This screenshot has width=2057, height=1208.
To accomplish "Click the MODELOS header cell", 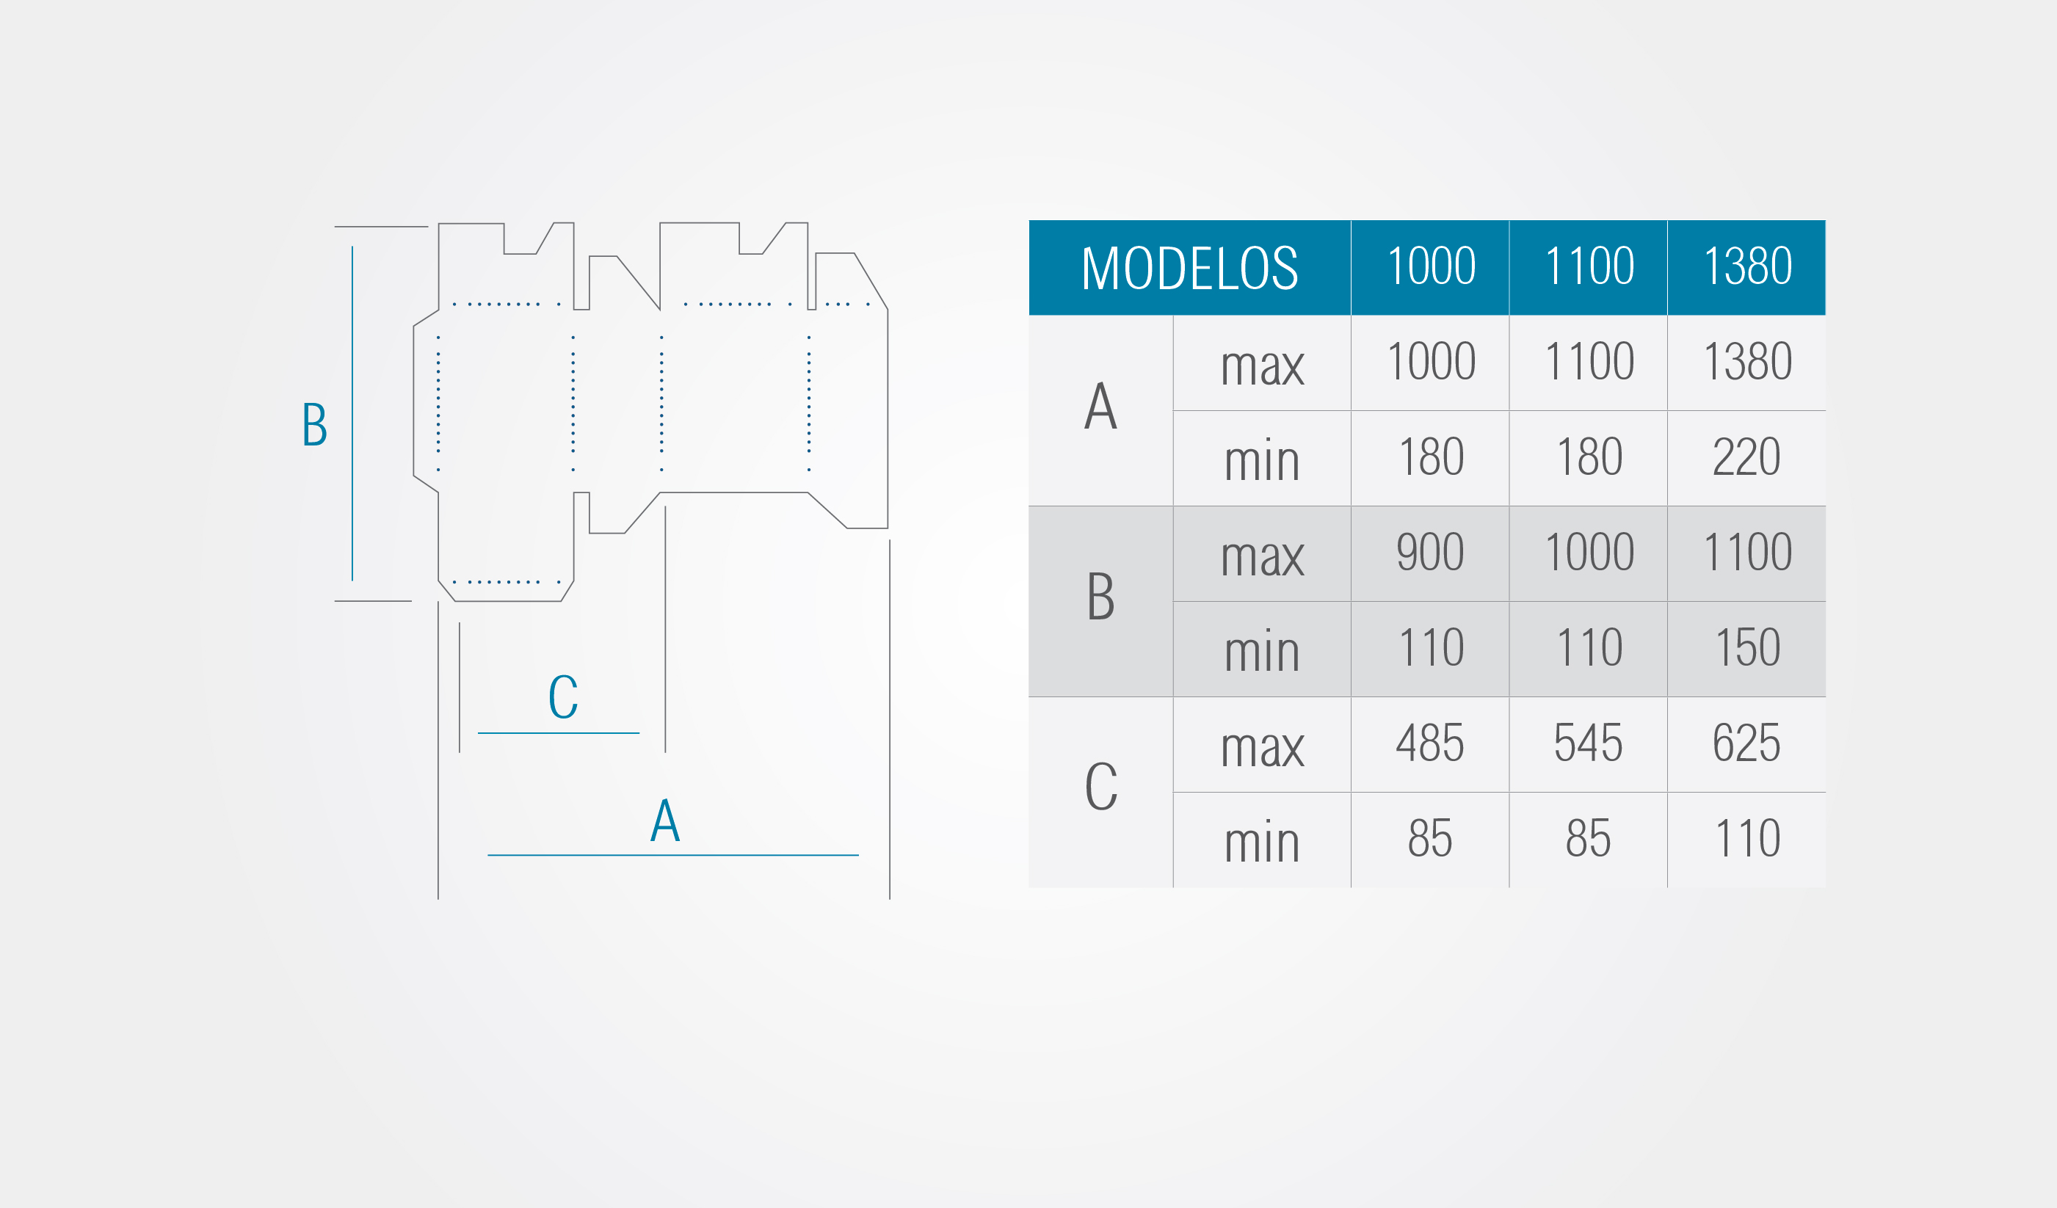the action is click(x=1189, y=268).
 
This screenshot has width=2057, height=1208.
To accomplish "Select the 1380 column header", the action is click(x=1746, y=268).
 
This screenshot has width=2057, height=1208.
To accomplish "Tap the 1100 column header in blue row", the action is click(x=1589, y=268).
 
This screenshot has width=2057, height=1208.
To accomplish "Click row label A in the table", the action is click(x=1100, y=406).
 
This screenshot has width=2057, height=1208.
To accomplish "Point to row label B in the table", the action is click(x=1100, y=596).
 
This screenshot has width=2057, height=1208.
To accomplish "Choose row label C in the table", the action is click(x=1100, y=787).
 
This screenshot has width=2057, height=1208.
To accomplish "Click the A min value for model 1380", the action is click(x=1746, y=457).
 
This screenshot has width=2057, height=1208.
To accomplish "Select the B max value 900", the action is click(x=1430, y=553).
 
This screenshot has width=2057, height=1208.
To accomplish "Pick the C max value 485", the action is click(x=1430, y=743).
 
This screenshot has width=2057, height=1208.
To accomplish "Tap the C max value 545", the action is click(x=1589, y=743).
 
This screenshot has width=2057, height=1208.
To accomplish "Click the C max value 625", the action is click(x=1746, y=743).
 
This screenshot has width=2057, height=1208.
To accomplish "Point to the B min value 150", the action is click(x=1746, y=648).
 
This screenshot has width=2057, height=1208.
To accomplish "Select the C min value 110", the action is click(x=1746, y=838).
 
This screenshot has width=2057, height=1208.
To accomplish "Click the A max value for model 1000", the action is click(x=1431, y=362).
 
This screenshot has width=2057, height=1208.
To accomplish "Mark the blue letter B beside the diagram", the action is click(x=315, y=424).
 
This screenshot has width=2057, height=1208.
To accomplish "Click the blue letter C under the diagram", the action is click(x=563, y=696).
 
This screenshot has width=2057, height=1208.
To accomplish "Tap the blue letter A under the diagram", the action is click(x=665, y=821).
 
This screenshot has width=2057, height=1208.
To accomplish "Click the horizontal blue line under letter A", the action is click(x=673, y=856).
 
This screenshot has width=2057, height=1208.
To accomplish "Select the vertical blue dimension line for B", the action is click(x=352, y=414).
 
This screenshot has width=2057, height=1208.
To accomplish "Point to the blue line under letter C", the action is click(x=559, y=733).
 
